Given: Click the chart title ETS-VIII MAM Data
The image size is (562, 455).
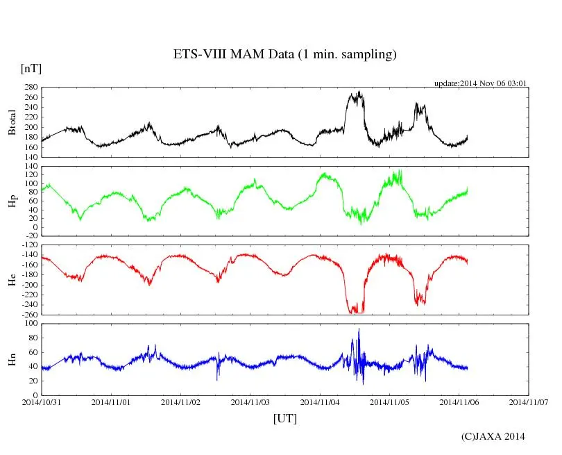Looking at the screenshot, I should [x=284, y=55].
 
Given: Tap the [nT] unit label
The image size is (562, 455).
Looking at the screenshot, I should [x=31, y=68].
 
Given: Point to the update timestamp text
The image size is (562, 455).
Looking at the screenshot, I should [x=481, y=83].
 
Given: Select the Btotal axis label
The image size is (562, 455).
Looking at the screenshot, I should [x=12, y=122].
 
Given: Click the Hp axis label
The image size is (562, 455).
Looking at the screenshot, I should [x=12, y=201].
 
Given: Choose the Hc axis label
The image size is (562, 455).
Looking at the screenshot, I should [x=12, y=279].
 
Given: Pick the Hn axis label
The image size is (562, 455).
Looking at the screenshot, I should [x=12, y=359].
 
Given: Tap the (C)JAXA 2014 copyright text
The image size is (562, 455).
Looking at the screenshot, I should [x=493, y=436].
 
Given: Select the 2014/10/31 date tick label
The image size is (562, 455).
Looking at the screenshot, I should [x=42, y=402].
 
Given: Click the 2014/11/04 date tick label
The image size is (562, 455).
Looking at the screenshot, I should [x=321, y=402].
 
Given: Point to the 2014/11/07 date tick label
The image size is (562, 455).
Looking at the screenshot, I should [x=529, y=402].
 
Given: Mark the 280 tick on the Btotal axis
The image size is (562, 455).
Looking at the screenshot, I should [x=31, y=88].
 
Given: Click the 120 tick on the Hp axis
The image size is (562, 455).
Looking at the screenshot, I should [x=31, y=175].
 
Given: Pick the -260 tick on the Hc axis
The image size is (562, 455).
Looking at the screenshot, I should [x=30, y=315].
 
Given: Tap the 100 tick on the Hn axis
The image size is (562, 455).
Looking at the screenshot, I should [x=31, y=324].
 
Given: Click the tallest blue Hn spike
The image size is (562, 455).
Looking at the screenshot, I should [x=359, y=329].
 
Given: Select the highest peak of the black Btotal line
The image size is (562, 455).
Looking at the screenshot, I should [x=359, y=92].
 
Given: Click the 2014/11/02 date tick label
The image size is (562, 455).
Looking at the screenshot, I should [x=181, y=402].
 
